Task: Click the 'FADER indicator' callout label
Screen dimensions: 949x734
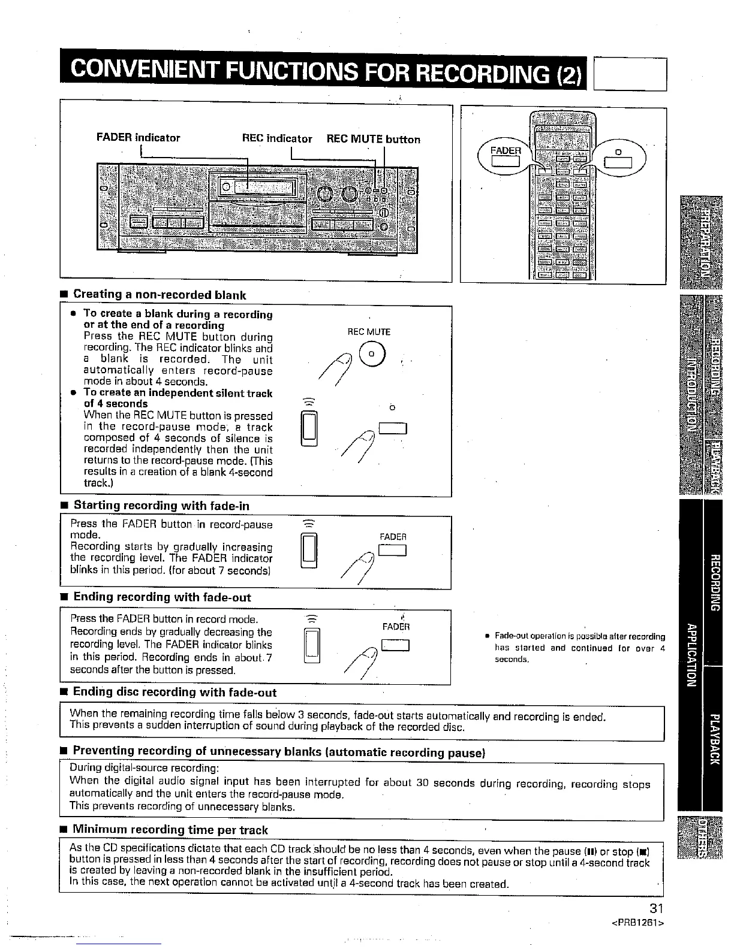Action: tap(138, 138)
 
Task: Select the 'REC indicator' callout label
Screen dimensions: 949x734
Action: tap(276, 138)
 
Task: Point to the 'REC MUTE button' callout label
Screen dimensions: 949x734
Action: tap(373, 139)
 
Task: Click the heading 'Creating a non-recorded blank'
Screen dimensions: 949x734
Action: tap(160, 294)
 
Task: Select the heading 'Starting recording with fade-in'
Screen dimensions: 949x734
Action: tap(161, 506)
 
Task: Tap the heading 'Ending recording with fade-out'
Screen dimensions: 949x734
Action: tap(162, 597)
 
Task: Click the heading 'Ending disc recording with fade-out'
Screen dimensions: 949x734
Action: tap(175, 693)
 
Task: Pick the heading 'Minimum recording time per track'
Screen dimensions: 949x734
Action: tap(170, 830)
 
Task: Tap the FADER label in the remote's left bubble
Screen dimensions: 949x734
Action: tap(504, 150)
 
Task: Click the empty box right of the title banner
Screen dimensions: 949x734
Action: tap(630, 74)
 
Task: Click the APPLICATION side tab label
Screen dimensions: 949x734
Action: tap(690, 657)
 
